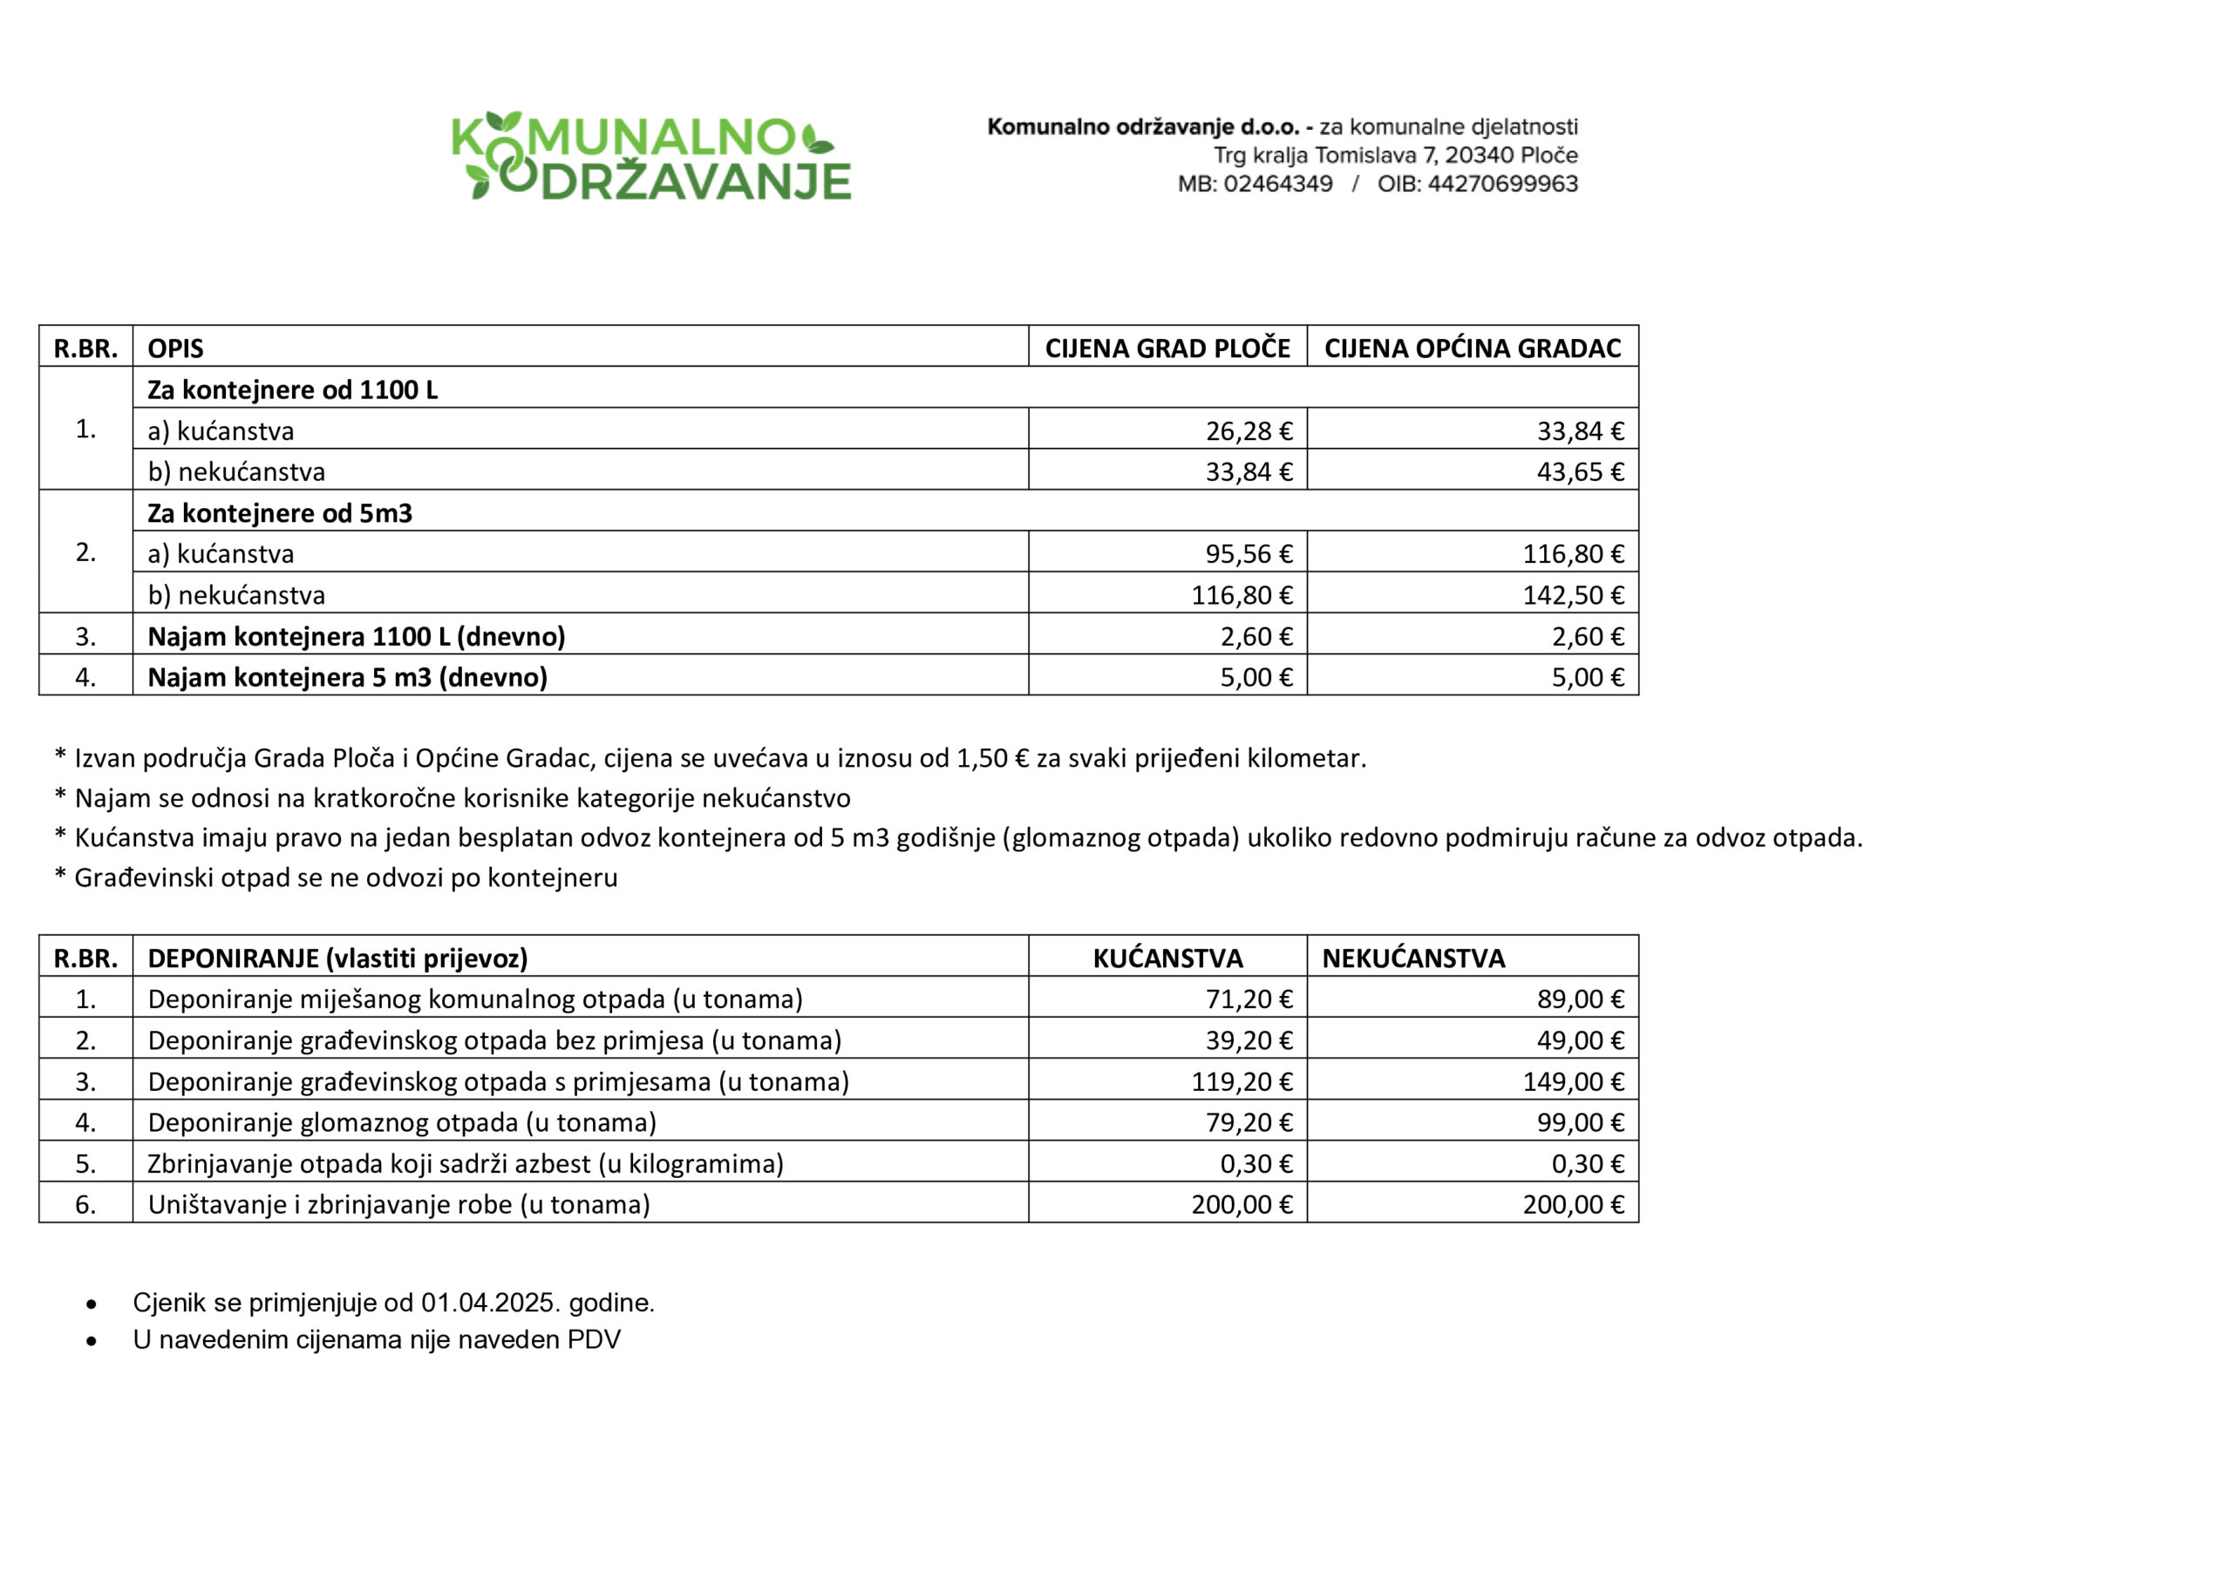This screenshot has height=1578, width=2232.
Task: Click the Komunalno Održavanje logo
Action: point(651,155)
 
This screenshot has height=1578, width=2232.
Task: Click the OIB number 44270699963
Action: point(1502,184)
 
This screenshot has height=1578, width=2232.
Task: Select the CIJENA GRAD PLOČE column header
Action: point(1167,348)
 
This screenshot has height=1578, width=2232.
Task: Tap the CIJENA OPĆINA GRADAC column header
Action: point(1472,348)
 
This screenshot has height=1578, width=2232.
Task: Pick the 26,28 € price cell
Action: point(1249,430)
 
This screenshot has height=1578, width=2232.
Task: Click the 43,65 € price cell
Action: point(1580,472)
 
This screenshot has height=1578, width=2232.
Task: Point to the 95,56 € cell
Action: point(1249,554)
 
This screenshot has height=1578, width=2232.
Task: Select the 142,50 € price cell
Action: point(1573,594)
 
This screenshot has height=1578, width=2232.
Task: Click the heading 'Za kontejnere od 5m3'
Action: point(280,513)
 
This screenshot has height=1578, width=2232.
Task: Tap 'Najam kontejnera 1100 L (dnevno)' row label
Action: point(356,636)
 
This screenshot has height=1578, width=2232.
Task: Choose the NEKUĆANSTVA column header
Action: point(1412,958)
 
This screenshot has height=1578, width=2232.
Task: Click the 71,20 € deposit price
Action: point(1249,999)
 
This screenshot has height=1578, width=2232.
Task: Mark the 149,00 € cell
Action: point(1573,1081)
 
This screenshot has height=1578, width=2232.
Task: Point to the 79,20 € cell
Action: point(1249,1122)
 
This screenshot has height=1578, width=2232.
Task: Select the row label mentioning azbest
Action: point(465,1163)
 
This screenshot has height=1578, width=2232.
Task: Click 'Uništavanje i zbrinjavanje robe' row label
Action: point(398,1205)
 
